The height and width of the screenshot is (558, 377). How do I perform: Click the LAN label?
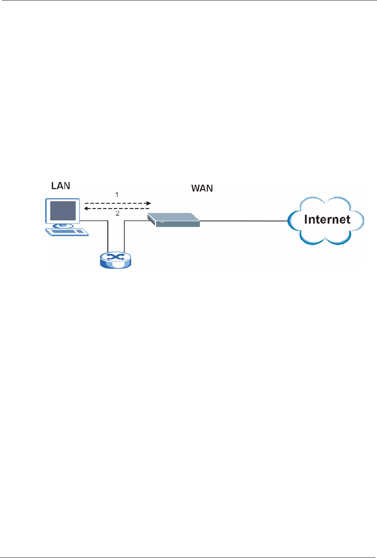point(60,186)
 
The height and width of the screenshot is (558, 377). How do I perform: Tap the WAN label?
point(202,188)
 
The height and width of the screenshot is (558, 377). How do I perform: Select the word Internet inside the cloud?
point(327,219)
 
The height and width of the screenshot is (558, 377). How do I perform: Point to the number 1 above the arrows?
point(117,194)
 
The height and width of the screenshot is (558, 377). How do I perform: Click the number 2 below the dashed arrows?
point(117,213)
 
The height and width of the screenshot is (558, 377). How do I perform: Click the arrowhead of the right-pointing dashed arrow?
point(148,203)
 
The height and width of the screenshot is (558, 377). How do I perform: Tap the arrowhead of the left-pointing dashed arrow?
point(86,208)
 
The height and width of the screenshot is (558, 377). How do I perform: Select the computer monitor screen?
point(62,210)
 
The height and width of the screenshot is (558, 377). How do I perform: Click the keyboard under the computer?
point(67,232)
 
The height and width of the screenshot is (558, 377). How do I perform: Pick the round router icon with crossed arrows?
point(115,260)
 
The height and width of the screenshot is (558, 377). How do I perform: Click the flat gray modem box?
point(174,220)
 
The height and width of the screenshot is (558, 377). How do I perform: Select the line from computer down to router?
point(108,236)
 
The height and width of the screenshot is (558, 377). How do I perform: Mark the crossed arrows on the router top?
point(115,257)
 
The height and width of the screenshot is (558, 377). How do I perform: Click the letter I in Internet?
point(306,219)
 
